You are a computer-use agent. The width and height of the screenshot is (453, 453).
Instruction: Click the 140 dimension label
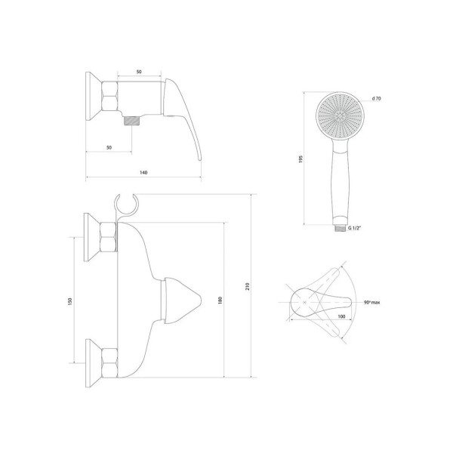coord(143,172)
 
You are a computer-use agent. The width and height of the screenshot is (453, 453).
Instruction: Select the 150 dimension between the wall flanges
coord(69,301)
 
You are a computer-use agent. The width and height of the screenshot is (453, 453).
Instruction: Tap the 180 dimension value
coord(220,300)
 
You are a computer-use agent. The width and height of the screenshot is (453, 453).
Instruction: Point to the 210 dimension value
coord(248,286)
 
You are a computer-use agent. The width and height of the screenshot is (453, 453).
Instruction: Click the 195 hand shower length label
coord(300,159)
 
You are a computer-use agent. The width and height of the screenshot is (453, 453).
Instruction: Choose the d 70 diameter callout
coord(377,98)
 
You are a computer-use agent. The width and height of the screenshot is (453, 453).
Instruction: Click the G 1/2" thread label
coord(355,228)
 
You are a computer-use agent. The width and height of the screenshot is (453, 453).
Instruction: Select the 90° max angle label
coord(371,302)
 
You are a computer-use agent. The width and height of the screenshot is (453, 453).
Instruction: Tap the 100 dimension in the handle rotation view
coord(341,316)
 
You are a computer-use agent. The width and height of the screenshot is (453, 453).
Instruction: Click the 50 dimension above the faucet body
coord(139,72)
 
